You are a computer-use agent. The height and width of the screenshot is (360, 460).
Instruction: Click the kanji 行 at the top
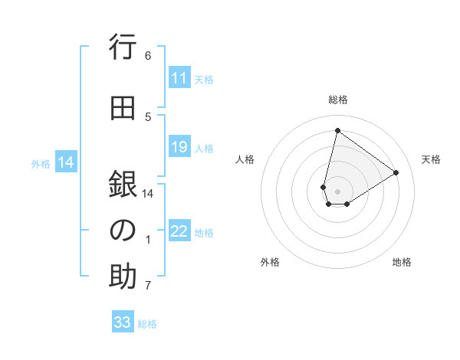(x=123, y=48)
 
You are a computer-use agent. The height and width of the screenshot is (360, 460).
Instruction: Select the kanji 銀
(x=123, y=185)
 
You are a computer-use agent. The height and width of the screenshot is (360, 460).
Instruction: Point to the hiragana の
(x=123, y=231)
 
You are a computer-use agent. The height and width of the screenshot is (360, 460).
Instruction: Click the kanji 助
(x=123, y=277)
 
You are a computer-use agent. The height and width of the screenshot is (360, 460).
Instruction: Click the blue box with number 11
(x=179, y=78)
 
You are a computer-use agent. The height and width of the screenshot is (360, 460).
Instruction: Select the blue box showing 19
(x=179, y=147)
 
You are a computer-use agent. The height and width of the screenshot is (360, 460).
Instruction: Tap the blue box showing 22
(x=179, y=232)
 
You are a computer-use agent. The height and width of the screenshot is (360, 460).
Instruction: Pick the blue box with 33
(x=123, y=322)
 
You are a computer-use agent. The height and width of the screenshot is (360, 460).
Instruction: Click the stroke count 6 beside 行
(x=148, y=55)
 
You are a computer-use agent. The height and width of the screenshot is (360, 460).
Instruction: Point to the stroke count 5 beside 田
(x=148, y=116)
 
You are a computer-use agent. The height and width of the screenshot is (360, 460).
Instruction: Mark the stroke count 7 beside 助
(x=148, y=286)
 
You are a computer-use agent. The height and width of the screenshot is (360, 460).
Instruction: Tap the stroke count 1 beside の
(x=148, y=240)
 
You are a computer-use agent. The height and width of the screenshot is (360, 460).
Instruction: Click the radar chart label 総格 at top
(x=338, y=100)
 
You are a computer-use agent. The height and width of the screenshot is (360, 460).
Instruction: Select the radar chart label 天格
(x=431, y=159)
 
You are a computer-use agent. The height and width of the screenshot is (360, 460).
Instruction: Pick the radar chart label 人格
(x=245, y=159)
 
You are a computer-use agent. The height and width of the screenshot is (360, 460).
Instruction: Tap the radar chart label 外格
(x=270, y=262)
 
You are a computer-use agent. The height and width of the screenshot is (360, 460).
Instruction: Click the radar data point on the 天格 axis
(x=396, y=173)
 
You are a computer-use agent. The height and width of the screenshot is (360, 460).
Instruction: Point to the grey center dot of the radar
(x=337, y=191)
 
